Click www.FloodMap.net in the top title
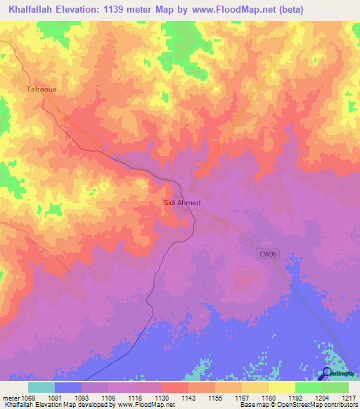point(236,9)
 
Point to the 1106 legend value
point(109,398)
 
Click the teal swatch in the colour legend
point(41,387)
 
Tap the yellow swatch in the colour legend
point(281,387)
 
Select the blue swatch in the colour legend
point(68,387)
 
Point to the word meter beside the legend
point(11,398)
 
